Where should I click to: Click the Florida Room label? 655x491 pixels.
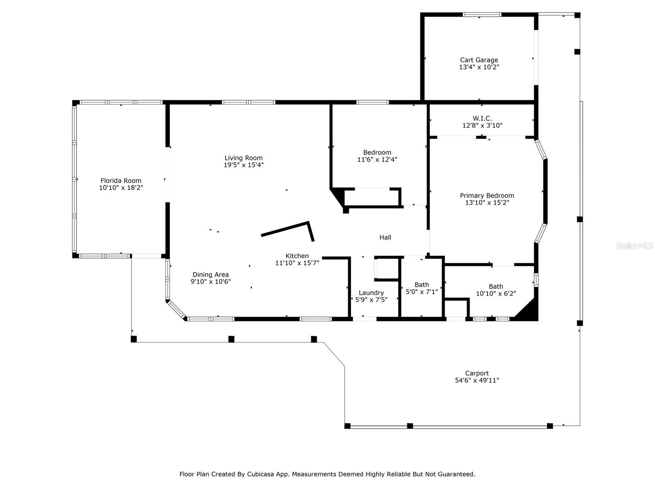point(121,181)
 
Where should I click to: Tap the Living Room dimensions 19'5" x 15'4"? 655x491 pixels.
point(244,165)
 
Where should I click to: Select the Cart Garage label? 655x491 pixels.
point(479,60)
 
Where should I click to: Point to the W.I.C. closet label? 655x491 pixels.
point(482,118)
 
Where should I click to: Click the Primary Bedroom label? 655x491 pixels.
point(487,196)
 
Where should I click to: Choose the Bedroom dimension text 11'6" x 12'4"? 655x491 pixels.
point(377,160)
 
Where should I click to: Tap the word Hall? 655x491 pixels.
point(385,238)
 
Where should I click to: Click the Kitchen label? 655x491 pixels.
point(297,256)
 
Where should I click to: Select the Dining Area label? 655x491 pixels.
point(211,275)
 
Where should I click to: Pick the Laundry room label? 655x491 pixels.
point(371,293)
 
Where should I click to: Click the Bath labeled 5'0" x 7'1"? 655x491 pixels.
point(422,285)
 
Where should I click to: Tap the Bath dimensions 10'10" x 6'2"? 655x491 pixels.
point(496,294)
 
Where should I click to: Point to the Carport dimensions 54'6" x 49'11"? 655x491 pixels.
point(477,381)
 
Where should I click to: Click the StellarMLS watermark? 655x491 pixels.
point(635,245)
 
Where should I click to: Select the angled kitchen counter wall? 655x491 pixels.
point(288,231)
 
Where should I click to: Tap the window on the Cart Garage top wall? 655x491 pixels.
point(482,15)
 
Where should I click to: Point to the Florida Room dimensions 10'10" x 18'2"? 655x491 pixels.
point(121,188)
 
